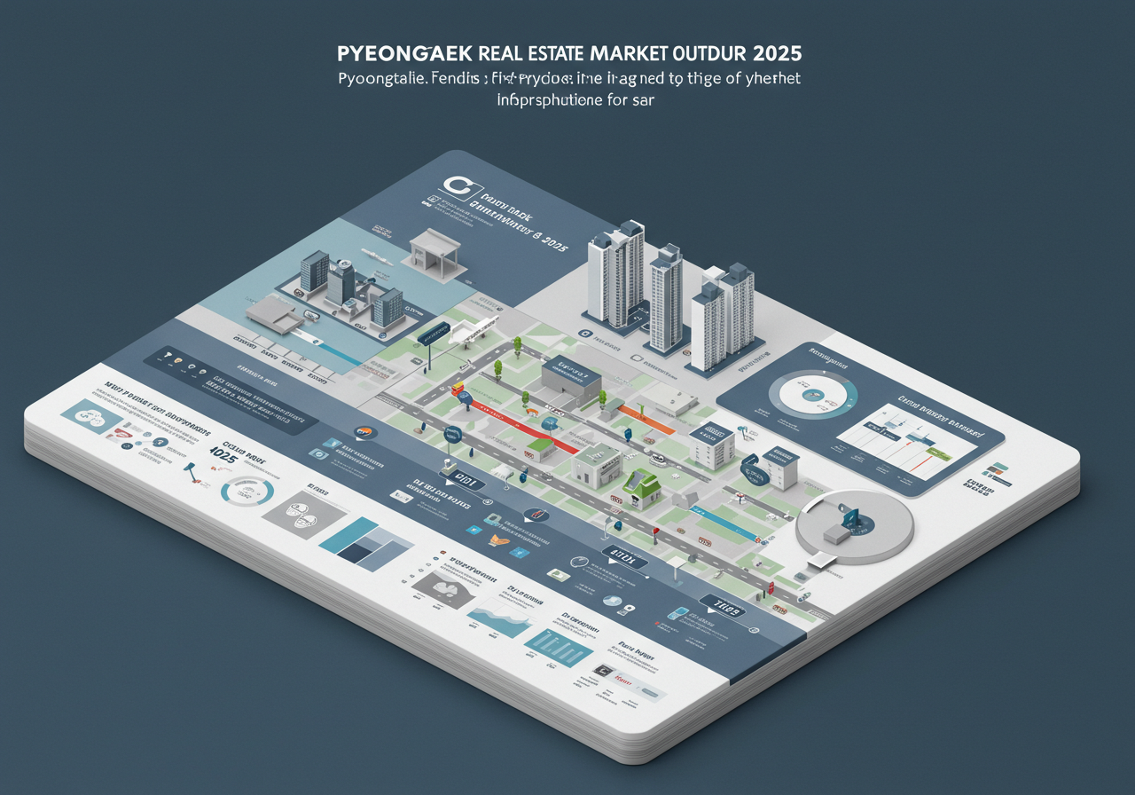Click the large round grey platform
pos(854,529)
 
